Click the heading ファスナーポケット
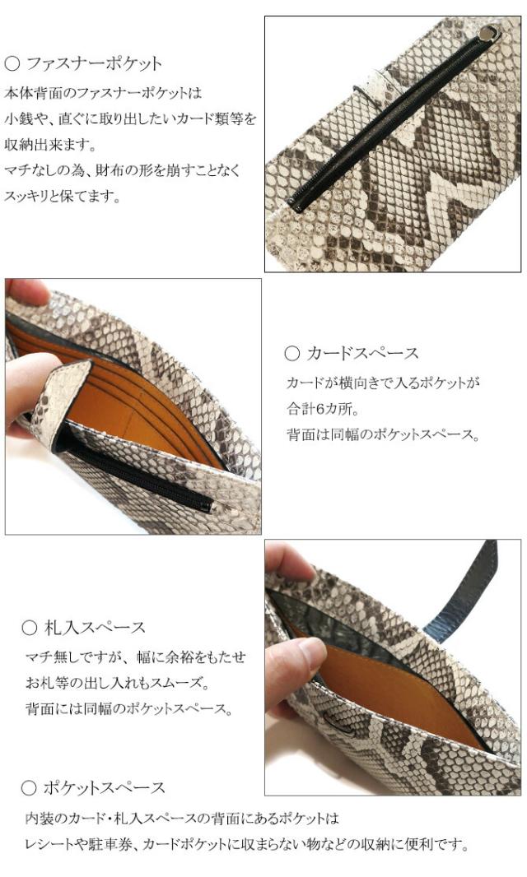pyautogui.click(x=94, y=63)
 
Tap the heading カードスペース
pyautogui.click(x=363, y=354)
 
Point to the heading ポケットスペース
pyautogui.click(x=103, y=787)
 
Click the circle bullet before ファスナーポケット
pyautogui.click(x=12, y=63)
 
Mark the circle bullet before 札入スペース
pyautogui.click(x=30, y=629)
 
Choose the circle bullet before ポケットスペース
pyautogui.click(x=30, y=788)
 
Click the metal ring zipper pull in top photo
pyautogui.click(x=492, y=32)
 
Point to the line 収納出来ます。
pyautogui.click(x=49, y=146)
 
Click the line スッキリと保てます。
pyautogui.click(x=63, y=198)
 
